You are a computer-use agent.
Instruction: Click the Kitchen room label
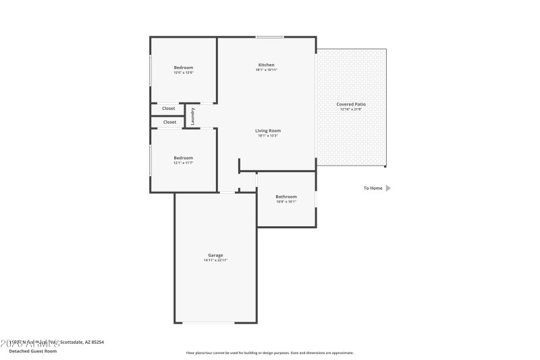click(x=266, y=65)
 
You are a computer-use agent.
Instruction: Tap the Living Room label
click(x=267, y=130)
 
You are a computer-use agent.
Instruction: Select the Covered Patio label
click(x=351, y=104)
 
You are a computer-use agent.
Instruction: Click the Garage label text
click(x=215, y=255)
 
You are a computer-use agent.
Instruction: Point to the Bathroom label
click(x=286, y=197)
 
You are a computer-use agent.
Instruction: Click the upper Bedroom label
click(x=184, y=68)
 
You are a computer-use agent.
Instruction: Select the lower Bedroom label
click(x=184, y=158)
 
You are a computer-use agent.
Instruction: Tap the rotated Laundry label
click(x=193, y=115)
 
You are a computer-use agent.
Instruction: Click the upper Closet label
click(x=169, y=108)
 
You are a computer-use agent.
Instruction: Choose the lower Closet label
click(x=169, y=122)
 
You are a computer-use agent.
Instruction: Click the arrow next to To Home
click(x=388, y=188)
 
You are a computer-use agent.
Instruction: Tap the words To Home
click(x=373, y=188)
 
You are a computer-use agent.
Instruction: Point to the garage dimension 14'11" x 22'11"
click(x=215, y=260)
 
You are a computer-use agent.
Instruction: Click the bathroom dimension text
click(x=286, y=202)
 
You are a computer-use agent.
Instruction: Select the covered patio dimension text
click(x=351, y=109)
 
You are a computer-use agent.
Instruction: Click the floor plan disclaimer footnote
click(x=269, y=353)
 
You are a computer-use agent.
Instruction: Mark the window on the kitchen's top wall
click(x=269, y=36)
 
